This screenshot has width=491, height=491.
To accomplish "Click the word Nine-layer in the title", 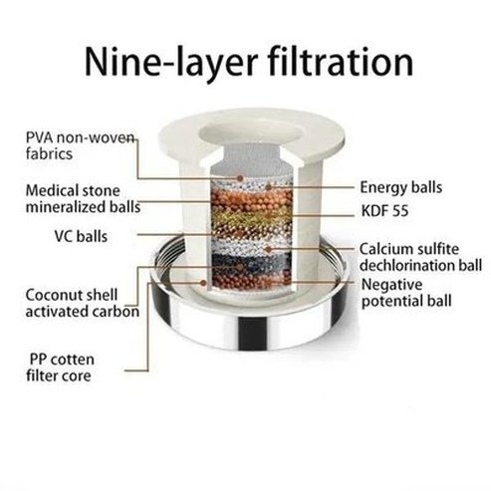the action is pyautogui.click(x=171, y=63).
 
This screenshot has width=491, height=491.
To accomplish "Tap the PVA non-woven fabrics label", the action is pyautogui.click(x=81, y=145).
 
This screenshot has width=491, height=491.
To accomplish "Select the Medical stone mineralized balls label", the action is pyautogui.click(x=83, y=199).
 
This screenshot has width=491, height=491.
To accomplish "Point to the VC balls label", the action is pyautogui.click(x=81, y=237).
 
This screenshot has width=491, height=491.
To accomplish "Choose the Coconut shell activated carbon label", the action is pyautogui.click(x=83, y=303).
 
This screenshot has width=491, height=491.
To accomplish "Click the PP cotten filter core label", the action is pyautogui.click(x=61, y=368).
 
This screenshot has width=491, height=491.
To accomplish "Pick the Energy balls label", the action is pyautogui.click(x=401, y=187).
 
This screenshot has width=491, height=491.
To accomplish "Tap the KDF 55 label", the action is pyautogui.click(x=384, y=211).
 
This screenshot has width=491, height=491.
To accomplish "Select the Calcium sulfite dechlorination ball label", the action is pyautogui.click(x=420, y=257).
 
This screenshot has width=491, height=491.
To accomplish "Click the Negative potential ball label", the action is pyautogui.click(x=406, y=293).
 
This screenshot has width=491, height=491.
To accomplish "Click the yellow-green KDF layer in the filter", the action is pyautogui.click(x=251, y=218).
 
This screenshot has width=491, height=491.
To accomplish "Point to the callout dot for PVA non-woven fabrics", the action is pyautogui.click(x=240, y=178).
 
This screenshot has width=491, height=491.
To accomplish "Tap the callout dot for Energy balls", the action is pyautogui.click(x=268, y=187).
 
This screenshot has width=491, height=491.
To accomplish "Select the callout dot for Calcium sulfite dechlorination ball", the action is pyautogui.click(x=268, y=249).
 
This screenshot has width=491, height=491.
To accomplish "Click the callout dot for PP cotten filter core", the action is pyautogui.click(x=203, y=283).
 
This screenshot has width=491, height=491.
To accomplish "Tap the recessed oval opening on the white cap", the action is pyautogui.click(x=251, y=133).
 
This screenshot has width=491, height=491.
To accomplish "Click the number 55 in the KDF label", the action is pyautogui.click(x=399, y=211).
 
